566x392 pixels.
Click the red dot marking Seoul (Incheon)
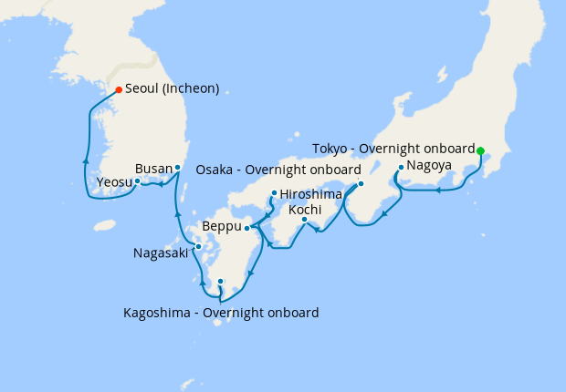tap(119, 89)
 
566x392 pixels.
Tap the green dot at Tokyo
tap(480, 150)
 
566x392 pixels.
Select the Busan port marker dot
tap(177, 169)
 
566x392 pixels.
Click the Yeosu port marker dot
tap(137, 181)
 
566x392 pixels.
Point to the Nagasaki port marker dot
tap(198, 246)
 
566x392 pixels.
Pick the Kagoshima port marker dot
tap(220, 282)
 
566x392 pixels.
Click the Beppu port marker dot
tap(247, 228)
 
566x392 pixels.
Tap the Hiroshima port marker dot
tap(274, 193)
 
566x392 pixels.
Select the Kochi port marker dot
tap(304, 219)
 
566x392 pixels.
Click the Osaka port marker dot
tap(361, 183)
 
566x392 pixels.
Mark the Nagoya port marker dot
tap(401, 167)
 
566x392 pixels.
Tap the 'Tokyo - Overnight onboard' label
tap(393, 149)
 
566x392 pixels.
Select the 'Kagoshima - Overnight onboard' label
tap(221, 313)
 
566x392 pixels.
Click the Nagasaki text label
tap(160, 253)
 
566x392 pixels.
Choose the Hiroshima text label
tap(311, 193)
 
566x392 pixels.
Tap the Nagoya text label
tap(429, 166)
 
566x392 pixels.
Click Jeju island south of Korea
tap(105, 224)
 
